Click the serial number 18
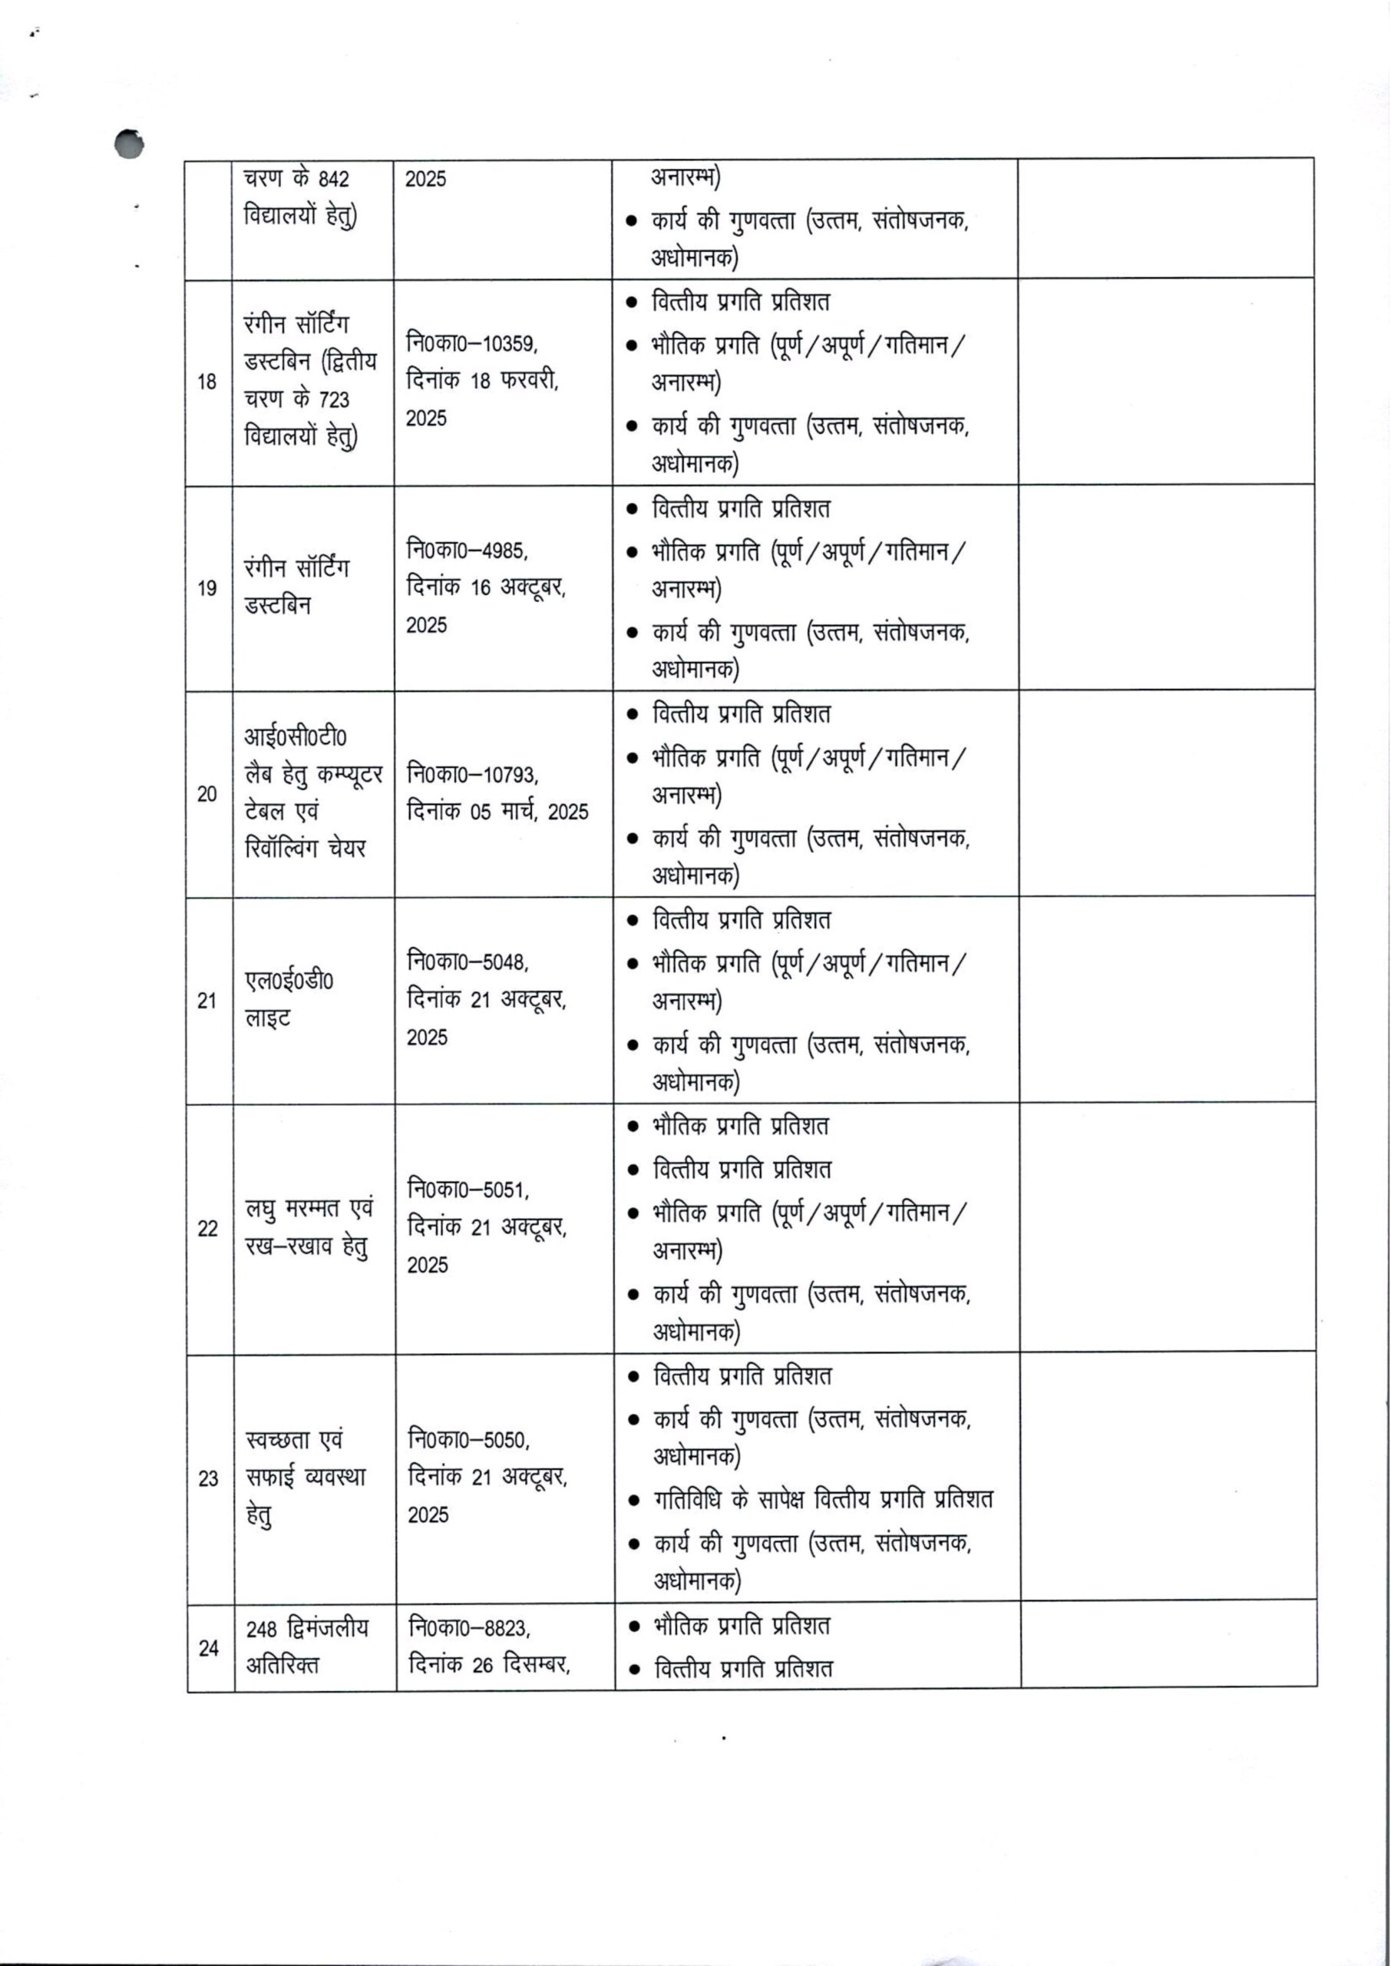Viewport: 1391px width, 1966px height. click(x=207, y=382)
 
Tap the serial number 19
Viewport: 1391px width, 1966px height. click(x=207, y=588)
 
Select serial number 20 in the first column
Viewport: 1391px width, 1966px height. click(x=207, y=794)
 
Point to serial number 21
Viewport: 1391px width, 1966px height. click(x=207, y=1001)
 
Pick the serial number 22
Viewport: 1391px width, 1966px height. click(x=208, y=1229)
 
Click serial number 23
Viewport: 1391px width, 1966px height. click(x=208, y=1478)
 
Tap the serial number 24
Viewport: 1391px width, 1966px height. click(x=209, y=1648)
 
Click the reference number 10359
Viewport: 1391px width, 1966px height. click(x=509, y=344)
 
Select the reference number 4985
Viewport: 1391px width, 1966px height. click(x=504, y=550)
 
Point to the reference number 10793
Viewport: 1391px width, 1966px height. click(x=510, y=775)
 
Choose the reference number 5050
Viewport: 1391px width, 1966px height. click(x=506, y=1441)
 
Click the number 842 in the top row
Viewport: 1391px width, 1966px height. click(x=333, y=180)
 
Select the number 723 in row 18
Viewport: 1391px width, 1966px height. click(x=334, y=400)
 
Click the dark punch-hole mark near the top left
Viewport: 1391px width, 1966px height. click(x=129, y=144)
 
